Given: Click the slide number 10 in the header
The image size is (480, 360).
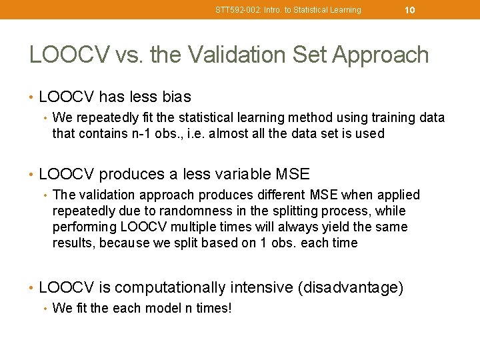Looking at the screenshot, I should pyautogui.click(x=410, y=10).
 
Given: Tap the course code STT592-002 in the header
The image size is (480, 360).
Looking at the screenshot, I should pyautogui.click(x=235, y=10).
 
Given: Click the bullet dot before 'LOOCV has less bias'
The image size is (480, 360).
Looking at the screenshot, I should pyautogui.click(x=32, y=98).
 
